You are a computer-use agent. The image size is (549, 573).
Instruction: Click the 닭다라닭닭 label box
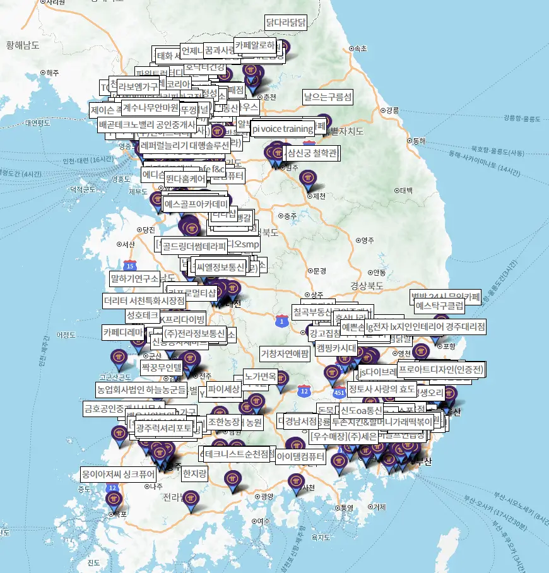[x=286, y=23]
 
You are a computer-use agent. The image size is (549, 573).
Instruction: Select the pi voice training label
[x=282, y=129]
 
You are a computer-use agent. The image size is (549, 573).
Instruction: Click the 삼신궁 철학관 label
[x=312, y=153]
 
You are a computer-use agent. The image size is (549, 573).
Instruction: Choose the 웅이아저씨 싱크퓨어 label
[x=117, y=473]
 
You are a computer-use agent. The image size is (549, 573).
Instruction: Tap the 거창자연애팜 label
[x=285, y=353]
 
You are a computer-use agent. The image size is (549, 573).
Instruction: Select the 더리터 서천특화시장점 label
[x=145, y=300]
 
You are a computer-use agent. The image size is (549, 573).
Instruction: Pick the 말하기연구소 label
[x=134, y=278]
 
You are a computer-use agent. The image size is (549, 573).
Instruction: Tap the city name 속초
[x=360, y=48]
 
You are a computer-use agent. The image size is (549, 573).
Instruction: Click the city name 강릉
[x=392, y=110]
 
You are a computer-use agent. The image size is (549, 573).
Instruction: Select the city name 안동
[x=379, y=273]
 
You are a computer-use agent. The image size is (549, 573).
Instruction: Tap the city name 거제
[x=379, y=507]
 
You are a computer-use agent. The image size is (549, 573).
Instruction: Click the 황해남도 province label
[x=23, y=45]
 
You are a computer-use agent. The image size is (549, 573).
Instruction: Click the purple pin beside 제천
[x=307, y=179]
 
